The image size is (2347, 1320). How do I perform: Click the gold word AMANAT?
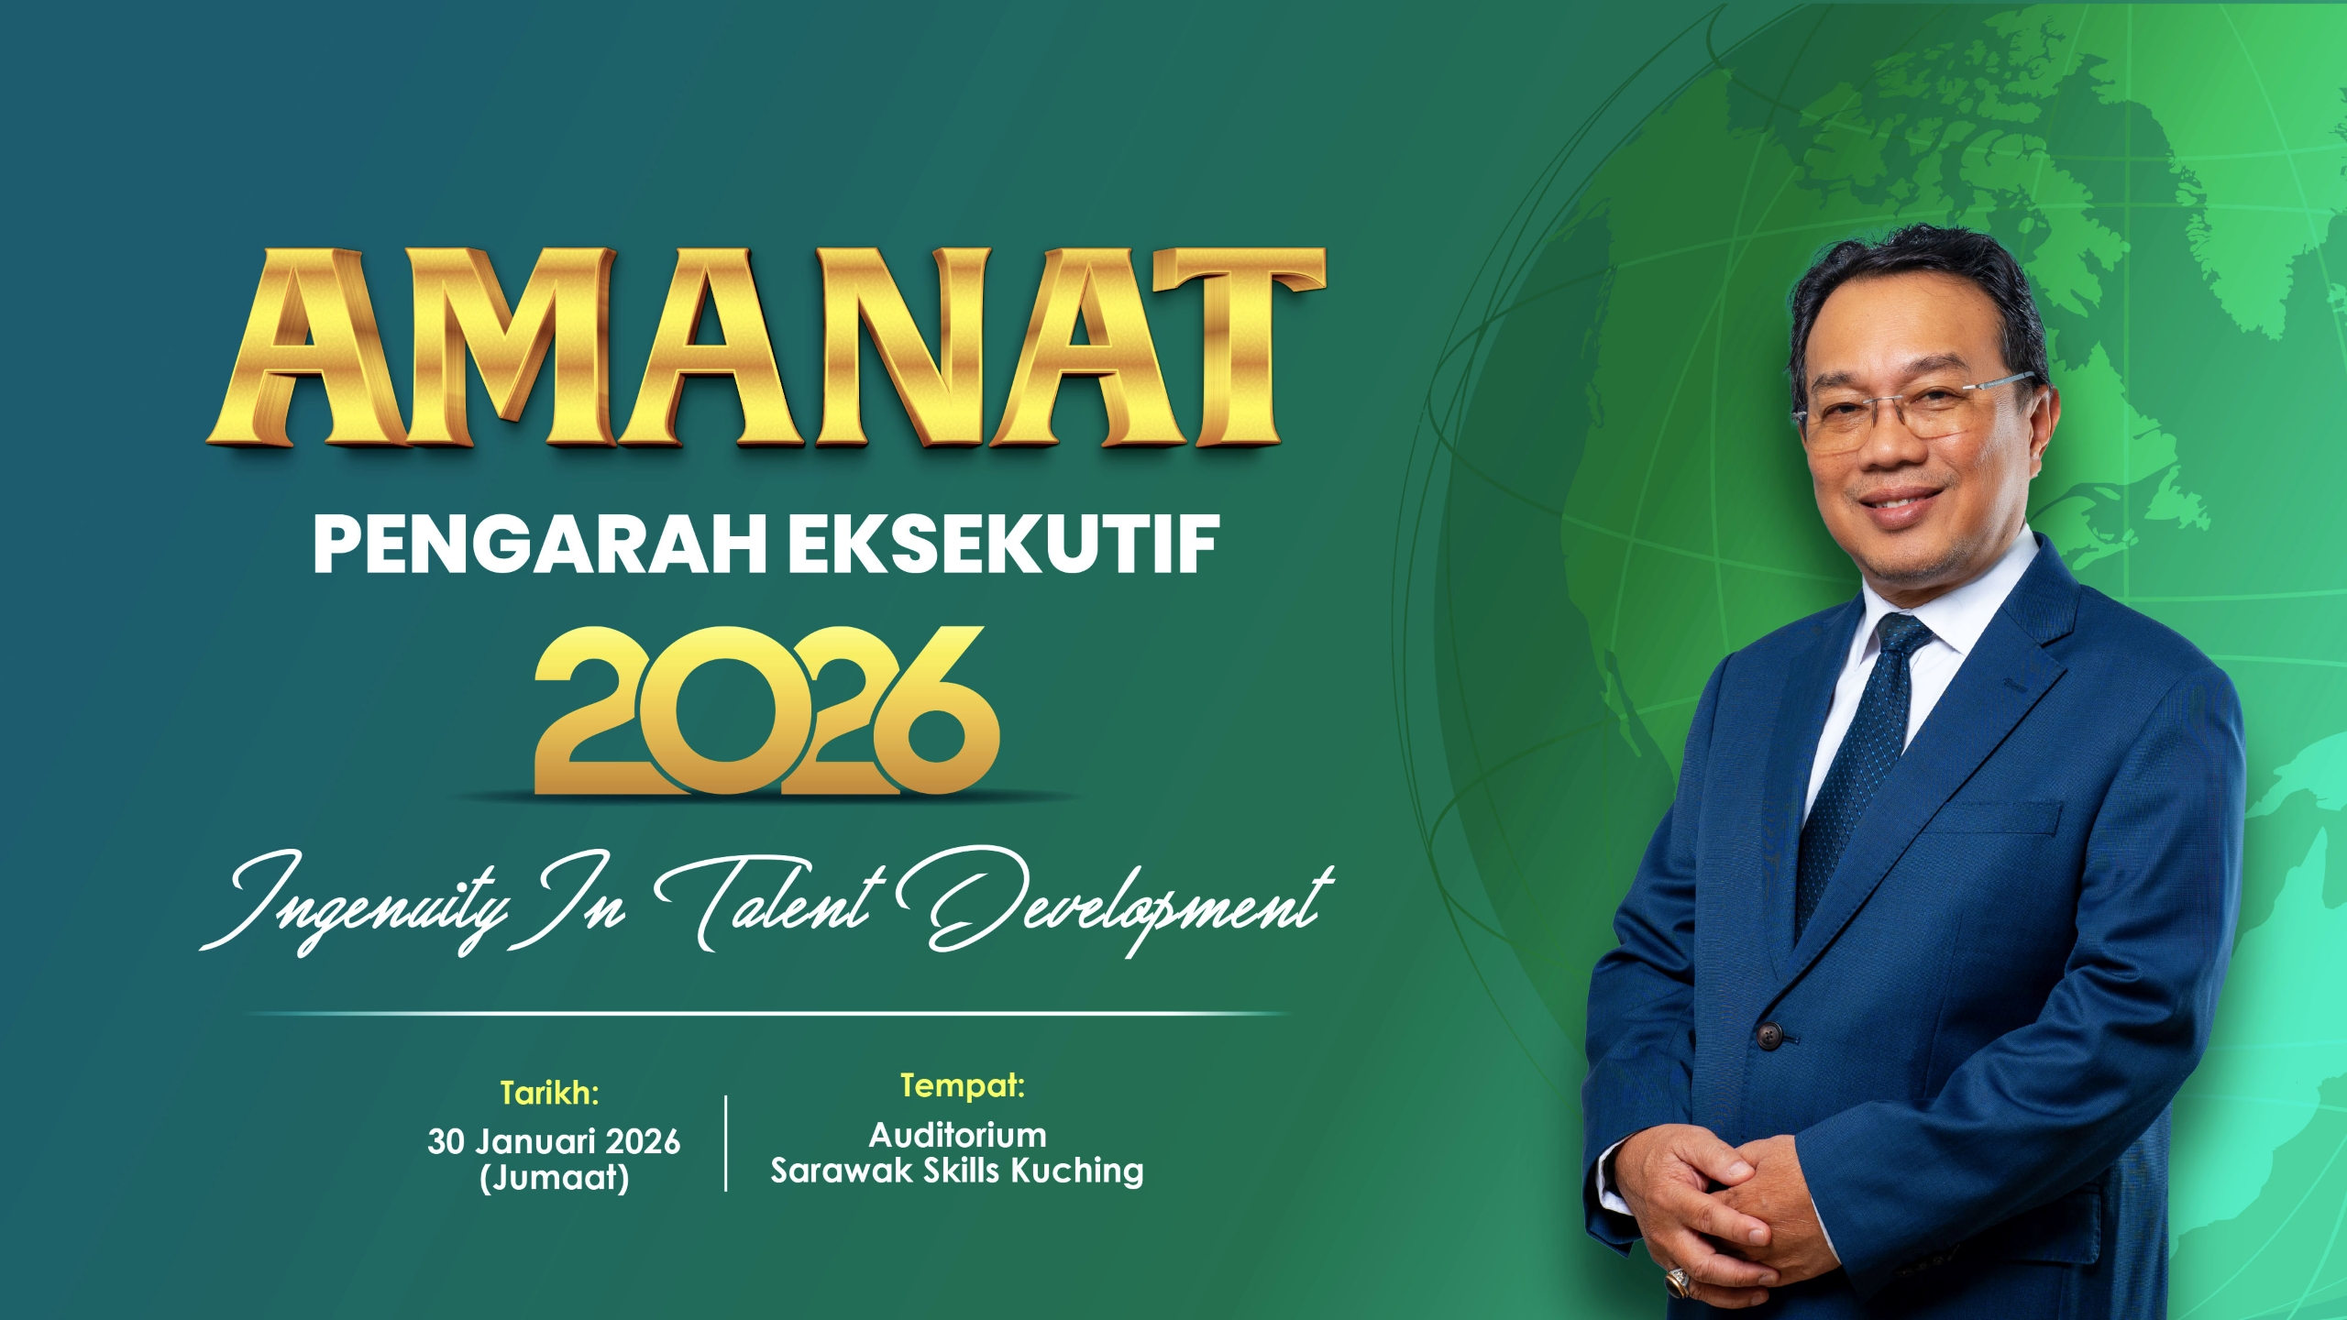click(x=766, y=347)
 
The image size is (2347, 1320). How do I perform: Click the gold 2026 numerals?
click(x=766, y=709)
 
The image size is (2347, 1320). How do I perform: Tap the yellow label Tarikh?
click(x=549, y=1093)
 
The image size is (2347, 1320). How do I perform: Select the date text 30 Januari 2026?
click(x=554, y=1141)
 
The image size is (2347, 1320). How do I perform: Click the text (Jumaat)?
click(x=554, y=1178)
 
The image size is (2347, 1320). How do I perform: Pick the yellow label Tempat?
click(x=962, y=1086)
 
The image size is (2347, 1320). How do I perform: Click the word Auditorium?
click(x=957, y=1136)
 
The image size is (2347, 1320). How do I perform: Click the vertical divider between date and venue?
click(x=726, y=1143)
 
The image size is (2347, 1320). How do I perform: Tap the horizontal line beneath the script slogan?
click(x=768, y=1014)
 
